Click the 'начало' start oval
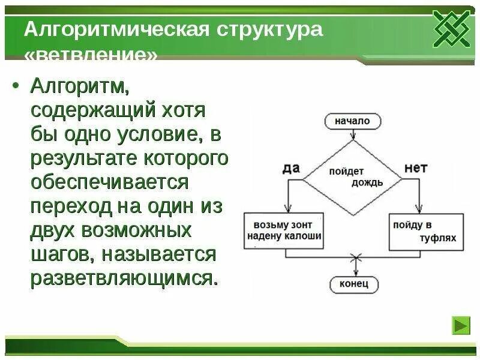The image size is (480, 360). pyautogui.click(x=352, y=121)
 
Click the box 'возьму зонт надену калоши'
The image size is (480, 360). pyautogui.click(x=284, y=230)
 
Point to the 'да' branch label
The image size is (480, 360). pyautogui.click(x=290, y=169)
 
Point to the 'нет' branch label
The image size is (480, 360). pyautogui.click(x=415, y=168)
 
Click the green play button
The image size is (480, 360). pyautogui.click(x=461, y=326)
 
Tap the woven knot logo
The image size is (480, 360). pyautogui.click(x=452, y=29)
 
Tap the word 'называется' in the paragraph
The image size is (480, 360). pyautogui.click(x=158, y=254)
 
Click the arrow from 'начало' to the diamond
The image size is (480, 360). pyautogui.click(x=352, y=136)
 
